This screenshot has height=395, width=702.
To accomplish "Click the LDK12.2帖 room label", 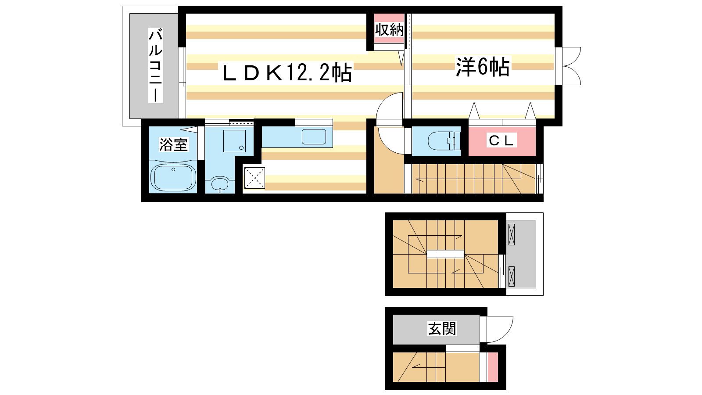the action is pyautogui.click(x=287, y=73).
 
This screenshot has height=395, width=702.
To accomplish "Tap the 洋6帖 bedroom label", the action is pyautogui.click(x=483, y=67).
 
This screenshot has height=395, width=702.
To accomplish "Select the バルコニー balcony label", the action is pyautogui.click(x=155, y=65).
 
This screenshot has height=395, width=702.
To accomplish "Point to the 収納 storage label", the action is pyautogui.click(x=389, y=30).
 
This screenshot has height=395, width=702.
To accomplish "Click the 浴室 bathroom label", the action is pyautogui.click(x=173, y=144).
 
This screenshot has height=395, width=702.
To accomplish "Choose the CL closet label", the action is pyautogui.click(x=501, y=140).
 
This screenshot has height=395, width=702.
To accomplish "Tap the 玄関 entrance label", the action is pyautogui.click(x=442, y=329).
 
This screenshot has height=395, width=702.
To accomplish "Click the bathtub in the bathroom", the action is pyautogui.click(x=173, y=177).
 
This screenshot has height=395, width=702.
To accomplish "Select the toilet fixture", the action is pyautogui.click(x=444, y=141).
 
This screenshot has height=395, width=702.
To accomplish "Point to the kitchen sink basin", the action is pyautogui.click(x=314, y=136).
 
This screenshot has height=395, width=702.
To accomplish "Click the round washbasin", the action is pyautogui.click(x=220, y=184).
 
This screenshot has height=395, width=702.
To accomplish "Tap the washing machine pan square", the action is pyautogui.click(x=234, y=141).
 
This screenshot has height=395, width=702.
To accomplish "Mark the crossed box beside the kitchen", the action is pyautogui.click(x=254, y=178).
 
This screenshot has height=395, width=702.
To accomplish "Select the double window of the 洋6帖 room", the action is pyautogui.click(x=568, y=66).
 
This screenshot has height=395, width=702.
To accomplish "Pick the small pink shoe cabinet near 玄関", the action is pyautogui.click(x=492, y=367).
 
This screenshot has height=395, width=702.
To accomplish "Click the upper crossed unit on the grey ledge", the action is pyautogui.click(x=512, y=234).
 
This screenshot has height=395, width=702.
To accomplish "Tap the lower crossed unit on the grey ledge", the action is pyautogui.click(x=512, y=276).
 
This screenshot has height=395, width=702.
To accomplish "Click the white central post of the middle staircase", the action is pyautogui.click(x=445, y=254).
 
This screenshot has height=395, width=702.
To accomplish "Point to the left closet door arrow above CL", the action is pyautogui.click(x=474, y=110).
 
